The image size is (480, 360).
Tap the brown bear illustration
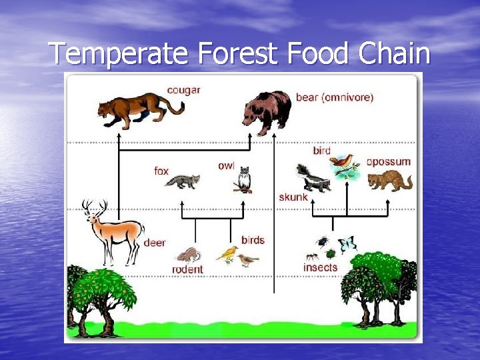pyautogui.click(x=267, y=111)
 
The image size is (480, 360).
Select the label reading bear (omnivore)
pyautogui.click(x=334, y=97)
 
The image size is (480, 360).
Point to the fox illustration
pyautogui.click(x=183, y=181)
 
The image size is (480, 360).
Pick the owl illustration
pyautogui.click(x=244, y=179)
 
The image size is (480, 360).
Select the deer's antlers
pyautogui.click(x=93, y=207)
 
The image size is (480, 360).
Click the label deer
pyautogui.click(x=155, y=243)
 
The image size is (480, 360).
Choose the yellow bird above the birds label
pyautogui.click(x=228, y=254)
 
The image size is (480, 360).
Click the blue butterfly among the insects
pyautogui.click(x=347, y=245)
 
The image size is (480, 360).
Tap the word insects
pyautogui.click(x=321, y=267)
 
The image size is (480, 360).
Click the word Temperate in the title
pyautogui.click(x=119, y=54)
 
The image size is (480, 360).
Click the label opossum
pyautogui.click(x=389, y=161)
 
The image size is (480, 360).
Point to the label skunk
pyautogui.click(x=293, y=197)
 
